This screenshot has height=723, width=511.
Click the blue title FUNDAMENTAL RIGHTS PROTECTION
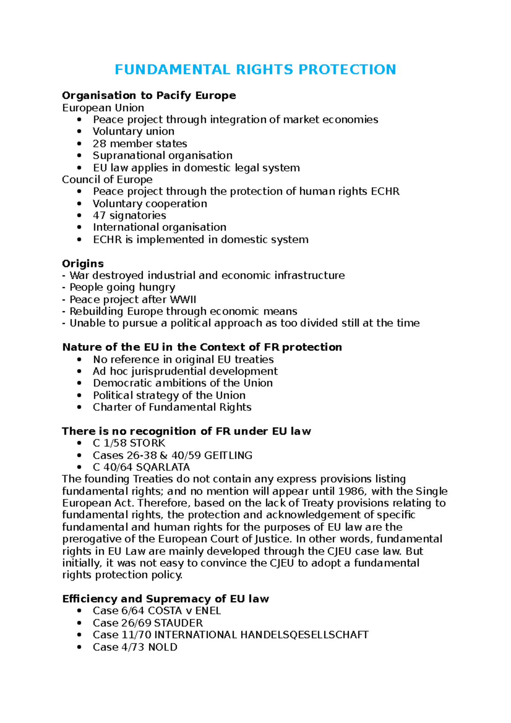click(x=255, y=69)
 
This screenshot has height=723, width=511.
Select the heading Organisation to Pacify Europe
click(x=149, y=95)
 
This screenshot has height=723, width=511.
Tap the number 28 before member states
click(x=100, y=143)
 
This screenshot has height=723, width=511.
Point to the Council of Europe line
click(x=107, y=180)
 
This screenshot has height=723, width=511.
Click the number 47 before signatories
click(x=100, y=215)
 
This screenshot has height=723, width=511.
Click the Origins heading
click(x=83, y=264)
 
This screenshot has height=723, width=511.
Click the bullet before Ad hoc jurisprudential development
click(x=79, y=371)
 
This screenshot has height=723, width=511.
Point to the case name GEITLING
click(x=228, y=455)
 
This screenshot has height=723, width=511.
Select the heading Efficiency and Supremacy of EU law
click(x=166, y=599)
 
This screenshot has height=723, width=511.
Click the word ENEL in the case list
click(x=208, y=611)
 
